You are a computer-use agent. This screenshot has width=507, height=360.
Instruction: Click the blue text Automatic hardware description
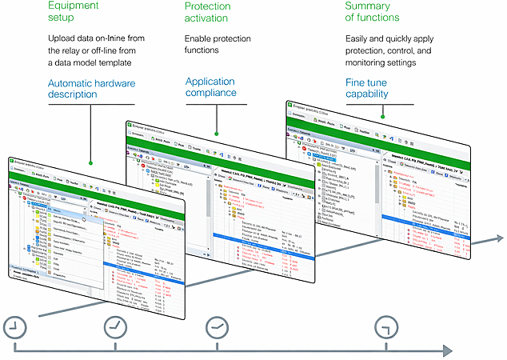tap(91, 88)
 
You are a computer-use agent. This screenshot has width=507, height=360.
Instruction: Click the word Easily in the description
tap(361, 38)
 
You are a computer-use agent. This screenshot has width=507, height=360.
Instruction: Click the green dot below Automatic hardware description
tap(91, 163)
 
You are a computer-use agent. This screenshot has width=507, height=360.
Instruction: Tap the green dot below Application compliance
tap(216, 133)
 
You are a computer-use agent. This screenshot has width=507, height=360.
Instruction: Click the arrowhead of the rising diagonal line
tap(499, 238)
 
